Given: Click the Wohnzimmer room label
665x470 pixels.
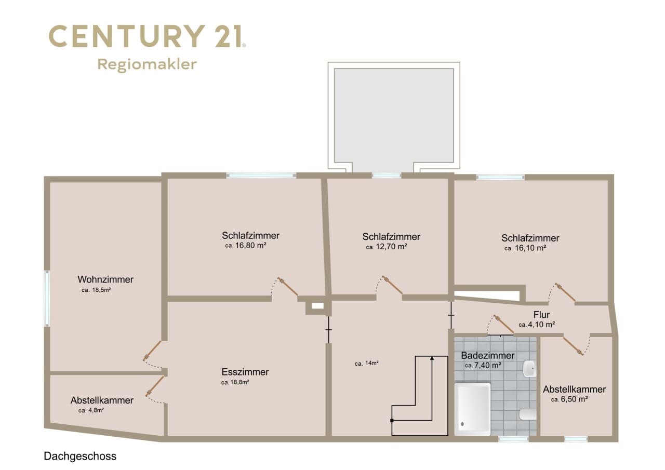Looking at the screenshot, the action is [105, 279].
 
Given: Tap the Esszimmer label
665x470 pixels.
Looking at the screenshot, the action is [245, 372].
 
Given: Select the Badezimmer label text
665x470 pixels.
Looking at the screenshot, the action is [488, 355].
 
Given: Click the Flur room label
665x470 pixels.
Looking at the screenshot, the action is [541, 315].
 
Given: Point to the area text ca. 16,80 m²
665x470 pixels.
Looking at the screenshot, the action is [246, 246].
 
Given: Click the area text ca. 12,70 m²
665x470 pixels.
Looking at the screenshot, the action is [386, 247].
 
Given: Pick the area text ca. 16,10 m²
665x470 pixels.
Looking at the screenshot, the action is [525, 248].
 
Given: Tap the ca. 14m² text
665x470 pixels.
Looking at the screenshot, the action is [367, 363].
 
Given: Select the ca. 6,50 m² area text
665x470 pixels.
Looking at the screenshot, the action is [569, 399].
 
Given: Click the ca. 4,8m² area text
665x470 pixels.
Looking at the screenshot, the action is [91, 411].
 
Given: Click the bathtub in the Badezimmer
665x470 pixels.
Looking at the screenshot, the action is [473, 409].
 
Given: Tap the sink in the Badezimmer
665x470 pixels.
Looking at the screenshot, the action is [529, 369].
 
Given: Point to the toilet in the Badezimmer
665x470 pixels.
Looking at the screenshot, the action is [527, 414].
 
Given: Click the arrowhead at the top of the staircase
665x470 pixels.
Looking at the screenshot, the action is [432, 359].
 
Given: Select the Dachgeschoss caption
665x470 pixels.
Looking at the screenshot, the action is [80, 456].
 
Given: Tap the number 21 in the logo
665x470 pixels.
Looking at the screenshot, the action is [229, 36].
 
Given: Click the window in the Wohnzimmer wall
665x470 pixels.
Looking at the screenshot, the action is [47, 298].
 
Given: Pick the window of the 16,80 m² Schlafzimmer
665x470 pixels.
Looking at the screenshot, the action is [261, 176].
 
